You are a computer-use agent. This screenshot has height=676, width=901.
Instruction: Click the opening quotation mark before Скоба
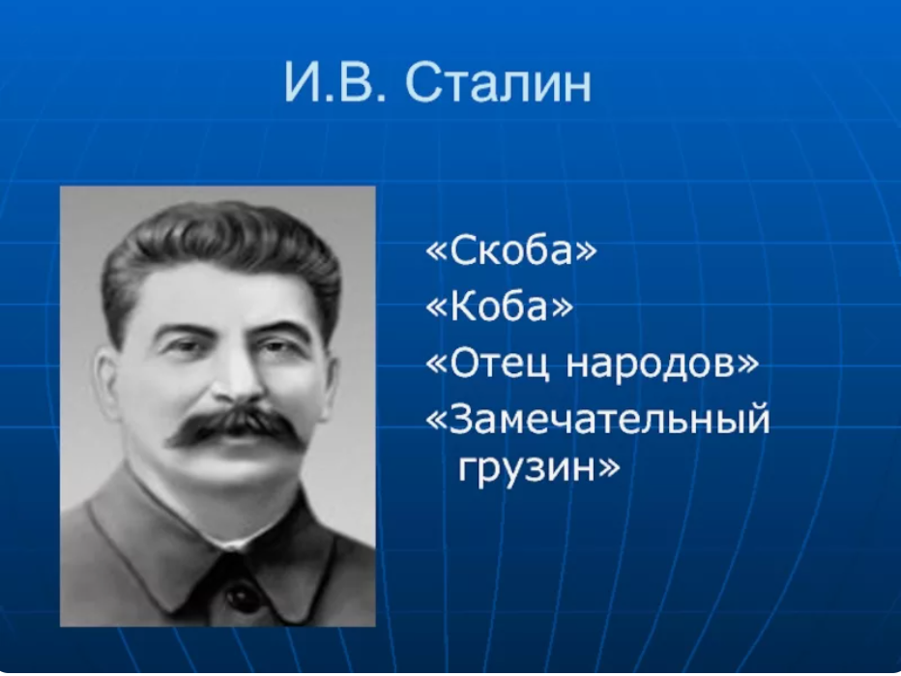[435, 252]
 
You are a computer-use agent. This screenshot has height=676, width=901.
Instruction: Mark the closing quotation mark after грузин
[604, 470]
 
